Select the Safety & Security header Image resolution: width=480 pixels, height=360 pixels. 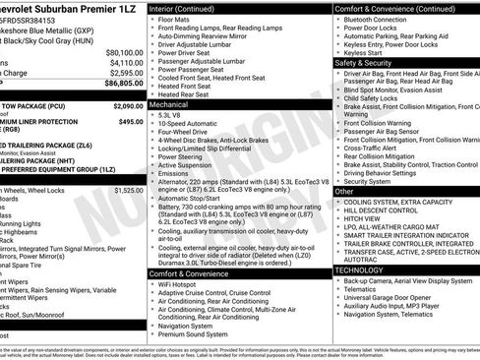click(x=363, y=61)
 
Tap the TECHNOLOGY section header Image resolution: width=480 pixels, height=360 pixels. click(x=359, y=270)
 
